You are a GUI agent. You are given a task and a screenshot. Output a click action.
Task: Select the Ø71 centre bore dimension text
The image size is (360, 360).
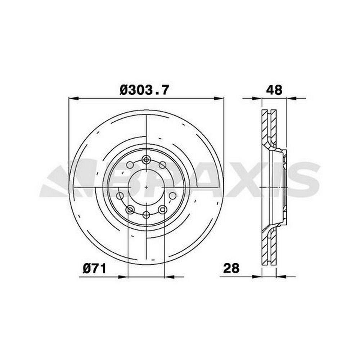click(95, 269)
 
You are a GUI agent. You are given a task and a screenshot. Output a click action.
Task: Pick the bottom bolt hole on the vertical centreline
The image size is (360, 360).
click(146, 215)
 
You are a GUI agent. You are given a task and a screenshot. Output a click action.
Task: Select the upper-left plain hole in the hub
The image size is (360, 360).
click(130, 165)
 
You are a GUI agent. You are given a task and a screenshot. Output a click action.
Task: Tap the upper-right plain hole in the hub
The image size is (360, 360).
click(163, 165)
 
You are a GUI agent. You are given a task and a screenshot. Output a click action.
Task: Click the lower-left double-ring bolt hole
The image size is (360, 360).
click(130, 210)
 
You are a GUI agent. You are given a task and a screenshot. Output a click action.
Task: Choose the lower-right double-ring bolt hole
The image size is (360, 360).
click(163, 209)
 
